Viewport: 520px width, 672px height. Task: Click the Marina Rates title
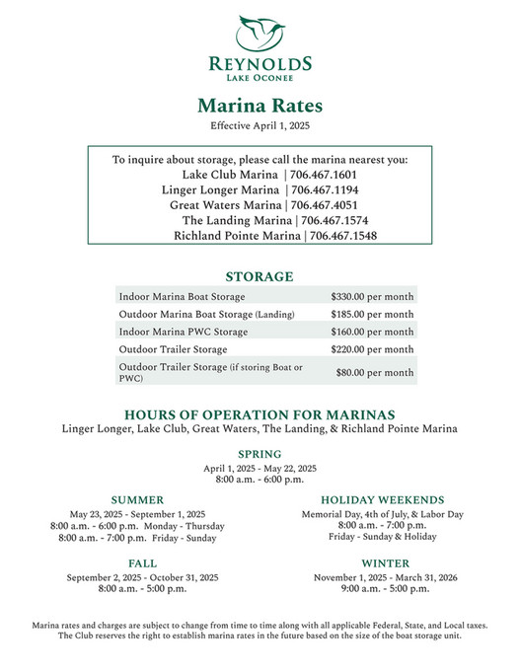pos(260,105)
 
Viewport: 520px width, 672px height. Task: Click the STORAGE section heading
pos(260,276)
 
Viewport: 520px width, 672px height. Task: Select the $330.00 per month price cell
pos(372,296)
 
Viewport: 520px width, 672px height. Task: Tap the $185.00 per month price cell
pos(372,314)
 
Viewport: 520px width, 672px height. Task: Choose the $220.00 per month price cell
pos(372,349)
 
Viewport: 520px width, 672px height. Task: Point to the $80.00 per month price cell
pos(374,373)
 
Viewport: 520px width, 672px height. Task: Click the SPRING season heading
pos(260,454)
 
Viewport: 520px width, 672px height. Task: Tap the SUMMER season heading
pos(137,500)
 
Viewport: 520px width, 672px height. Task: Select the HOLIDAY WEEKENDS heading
pos(382,500)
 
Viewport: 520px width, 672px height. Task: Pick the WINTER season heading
pos(386,563)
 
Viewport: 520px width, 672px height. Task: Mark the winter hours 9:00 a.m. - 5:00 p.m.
pos(386,589)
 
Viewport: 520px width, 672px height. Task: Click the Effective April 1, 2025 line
pos(260,125)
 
